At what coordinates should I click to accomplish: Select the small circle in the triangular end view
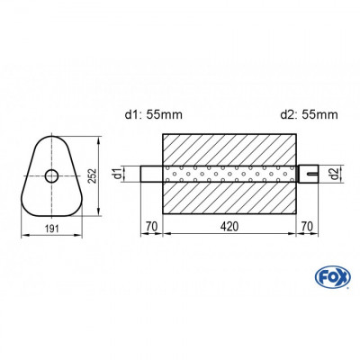(x=52, y=175)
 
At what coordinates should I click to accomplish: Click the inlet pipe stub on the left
(x=151, y=174)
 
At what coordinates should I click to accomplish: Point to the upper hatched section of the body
(x=229, y=149)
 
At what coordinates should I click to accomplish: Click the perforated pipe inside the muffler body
(x=229, y=174)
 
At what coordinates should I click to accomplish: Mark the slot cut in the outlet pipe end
(x=313, y=174)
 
